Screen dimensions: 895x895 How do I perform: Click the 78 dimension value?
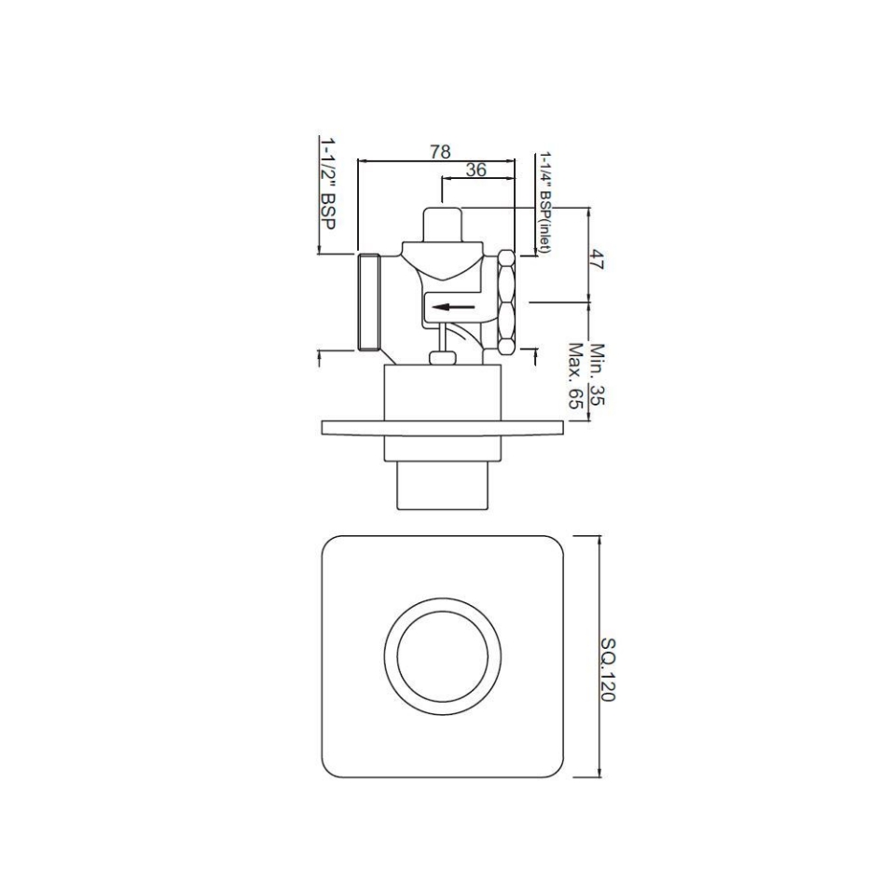[442, 150]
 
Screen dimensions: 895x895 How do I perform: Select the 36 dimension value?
[475, 170]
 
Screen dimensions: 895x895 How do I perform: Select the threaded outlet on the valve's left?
[371, 301]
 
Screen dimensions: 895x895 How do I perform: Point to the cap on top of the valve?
[444, 224]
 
